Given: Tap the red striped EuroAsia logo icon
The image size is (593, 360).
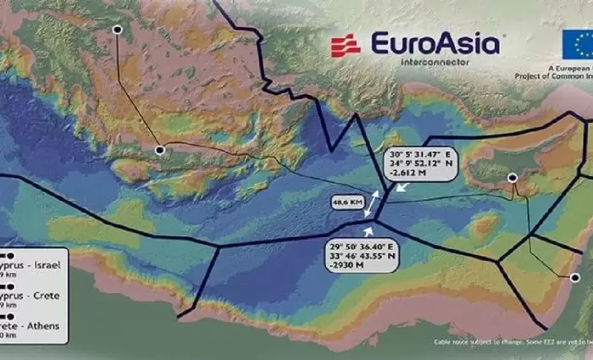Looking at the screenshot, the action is pyautogui.click(x=346, y=45).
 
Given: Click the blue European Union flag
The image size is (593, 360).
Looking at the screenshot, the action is pyautogui.click(x=577, y=43).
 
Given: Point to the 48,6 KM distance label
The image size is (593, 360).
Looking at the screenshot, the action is pyautogui.click(x=346, y=203).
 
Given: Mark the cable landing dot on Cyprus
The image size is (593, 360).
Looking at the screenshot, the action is pyautogui.click(x=512, y=177).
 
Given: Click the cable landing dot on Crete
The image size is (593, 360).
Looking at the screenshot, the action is pyautogui.click(x=159, y=150).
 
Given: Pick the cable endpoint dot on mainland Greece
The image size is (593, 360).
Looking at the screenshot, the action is pyautogui.click(x=118, y=30).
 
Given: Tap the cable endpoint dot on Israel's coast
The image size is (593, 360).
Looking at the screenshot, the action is pyautogui.click(x=573, y=277).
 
